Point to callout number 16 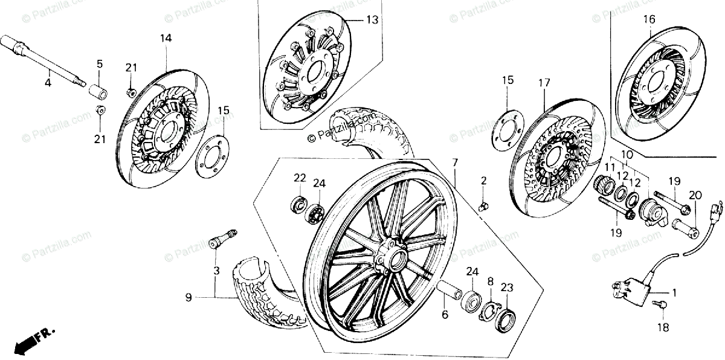[649, 19]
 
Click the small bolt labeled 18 [663, 307]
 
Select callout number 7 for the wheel [455, 162]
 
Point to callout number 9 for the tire [188, 297]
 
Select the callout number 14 [166, 39]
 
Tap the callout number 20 [695, 195]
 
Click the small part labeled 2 [483, 207]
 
